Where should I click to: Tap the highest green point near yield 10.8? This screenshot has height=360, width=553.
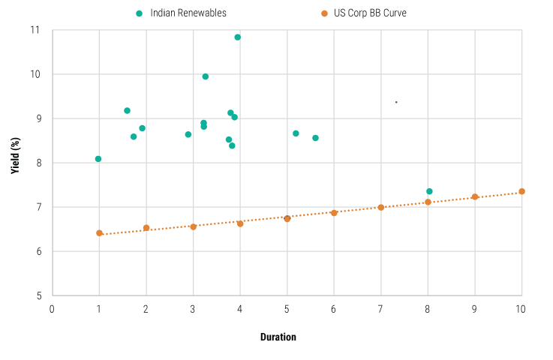coord(238,37)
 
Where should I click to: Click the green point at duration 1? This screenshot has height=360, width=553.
coord(98,159)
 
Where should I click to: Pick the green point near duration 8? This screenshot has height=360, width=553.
coord(429,191)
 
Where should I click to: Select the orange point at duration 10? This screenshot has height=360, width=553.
coord(521,191)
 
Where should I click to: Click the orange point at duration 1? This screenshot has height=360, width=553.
coord(99,233)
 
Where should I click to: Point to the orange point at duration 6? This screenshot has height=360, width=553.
coord(334,213)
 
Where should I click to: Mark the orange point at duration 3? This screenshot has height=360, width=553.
coord(193,226)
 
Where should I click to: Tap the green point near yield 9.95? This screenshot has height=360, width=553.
coord(206,76)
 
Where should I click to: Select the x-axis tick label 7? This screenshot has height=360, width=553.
coord(380,309)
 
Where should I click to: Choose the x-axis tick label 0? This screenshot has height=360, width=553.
coord(53,309)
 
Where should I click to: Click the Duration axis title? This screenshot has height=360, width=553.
coord(278,337)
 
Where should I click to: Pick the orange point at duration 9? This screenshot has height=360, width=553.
coord(475,196)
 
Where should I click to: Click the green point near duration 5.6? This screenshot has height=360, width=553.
coord(315,138)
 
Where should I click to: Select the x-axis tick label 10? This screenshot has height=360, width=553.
coord(521,309)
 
